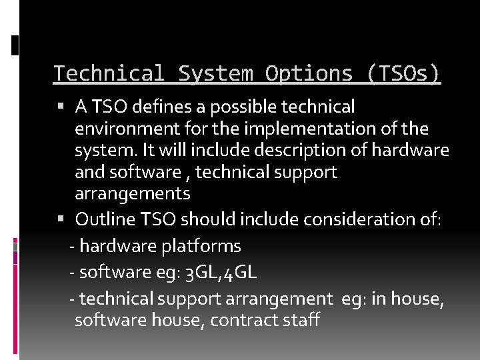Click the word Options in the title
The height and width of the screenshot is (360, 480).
tap(309, 74)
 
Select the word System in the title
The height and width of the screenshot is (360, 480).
tap(215, 74)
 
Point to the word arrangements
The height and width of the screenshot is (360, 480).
tap(133, 195)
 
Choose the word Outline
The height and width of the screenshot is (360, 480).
tap(102, 219)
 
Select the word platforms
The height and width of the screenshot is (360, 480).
tap(201, 246)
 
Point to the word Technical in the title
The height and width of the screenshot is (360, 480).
tap(108, 74)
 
